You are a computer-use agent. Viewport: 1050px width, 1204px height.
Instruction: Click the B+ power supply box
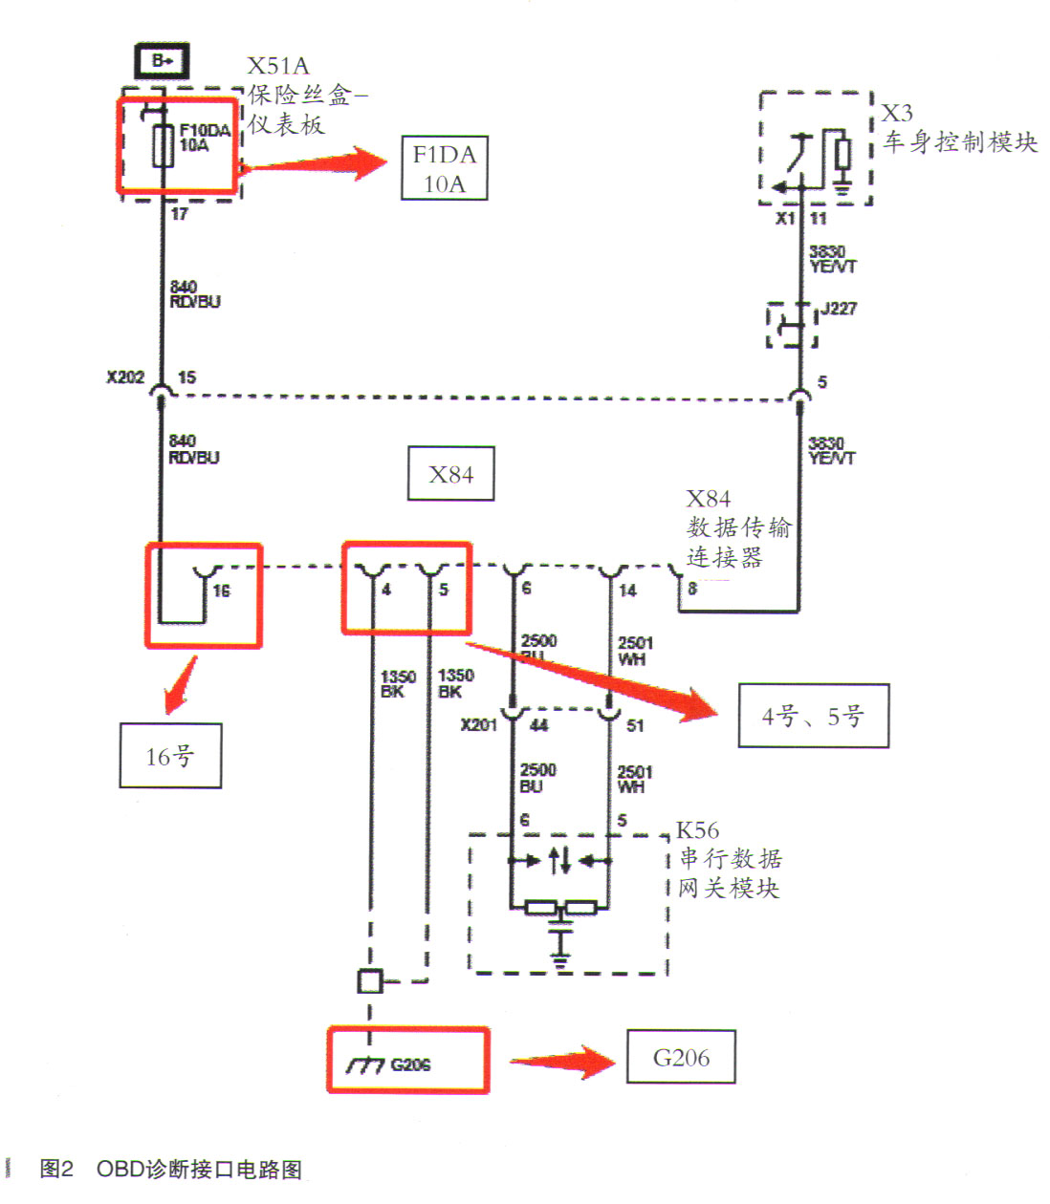point(162,61)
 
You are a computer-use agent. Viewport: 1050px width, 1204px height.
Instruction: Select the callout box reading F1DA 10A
point(444,168)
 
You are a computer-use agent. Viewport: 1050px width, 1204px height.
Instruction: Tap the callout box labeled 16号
point(170,756)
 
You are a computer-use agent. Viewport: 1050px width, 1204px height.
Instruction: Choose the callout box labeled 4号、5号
point(813,716)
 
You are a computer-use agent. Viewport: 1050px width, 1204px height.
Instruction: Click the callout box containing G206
point(681,1057)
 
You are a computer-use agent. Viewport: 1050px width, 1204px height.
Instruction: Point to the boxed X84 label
point(450,474)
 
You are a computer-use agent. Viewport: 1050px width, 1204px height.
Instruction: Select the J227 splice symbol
point(792,327)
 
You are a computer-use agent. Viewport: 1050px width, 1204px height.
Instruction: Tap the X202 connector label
point(125,377)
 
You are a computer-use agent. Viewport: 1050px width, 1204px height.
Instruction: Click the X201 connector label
point(479,725)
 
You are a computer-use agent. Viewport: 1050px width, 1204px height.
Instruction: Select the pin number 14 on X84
point(627,591)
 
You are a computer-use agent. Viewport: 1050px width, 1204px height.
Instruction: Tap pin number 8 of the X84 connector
point(692,590)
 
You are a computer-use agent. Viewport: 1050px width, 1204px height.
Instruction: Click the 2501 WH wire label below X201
point(635,779)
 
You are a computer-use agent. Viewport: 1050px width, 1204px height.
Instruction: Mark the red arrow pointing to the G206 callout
point(562,1061)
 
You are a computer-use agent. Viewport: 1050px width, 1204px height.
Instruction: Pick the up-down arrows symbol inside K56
point(560,860)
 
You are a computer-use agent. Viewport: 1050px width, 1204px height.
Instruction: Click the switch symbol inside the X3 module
point(798,161)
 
